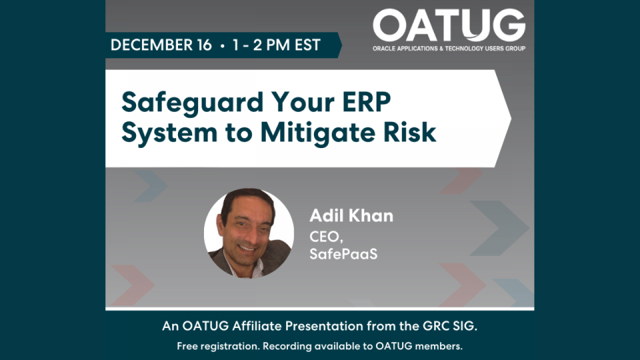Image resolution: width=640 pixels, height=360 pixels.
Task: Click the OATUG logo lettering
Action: coord(449,26)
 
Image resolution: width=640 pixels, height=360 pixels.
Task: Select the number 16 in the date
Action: coord(203,45)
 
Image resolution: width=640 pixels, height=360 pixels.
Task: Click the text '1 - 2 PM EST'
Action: coord(276,45)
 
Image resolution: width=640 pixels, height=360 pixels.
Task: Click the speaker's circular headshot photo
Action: coord(249,232)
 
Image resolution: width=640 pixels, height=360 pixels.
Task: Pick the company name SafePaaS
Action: coord(343,254)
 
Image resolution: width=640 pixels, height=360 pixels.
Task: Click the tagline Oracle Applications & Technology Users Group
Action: coord(449,49)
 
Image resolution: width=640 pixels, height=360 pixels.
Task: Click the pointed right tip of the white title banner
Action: coord(509,118)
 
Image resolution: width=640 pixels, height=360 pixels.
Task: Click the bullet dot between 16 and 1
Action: coord(222,45)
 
